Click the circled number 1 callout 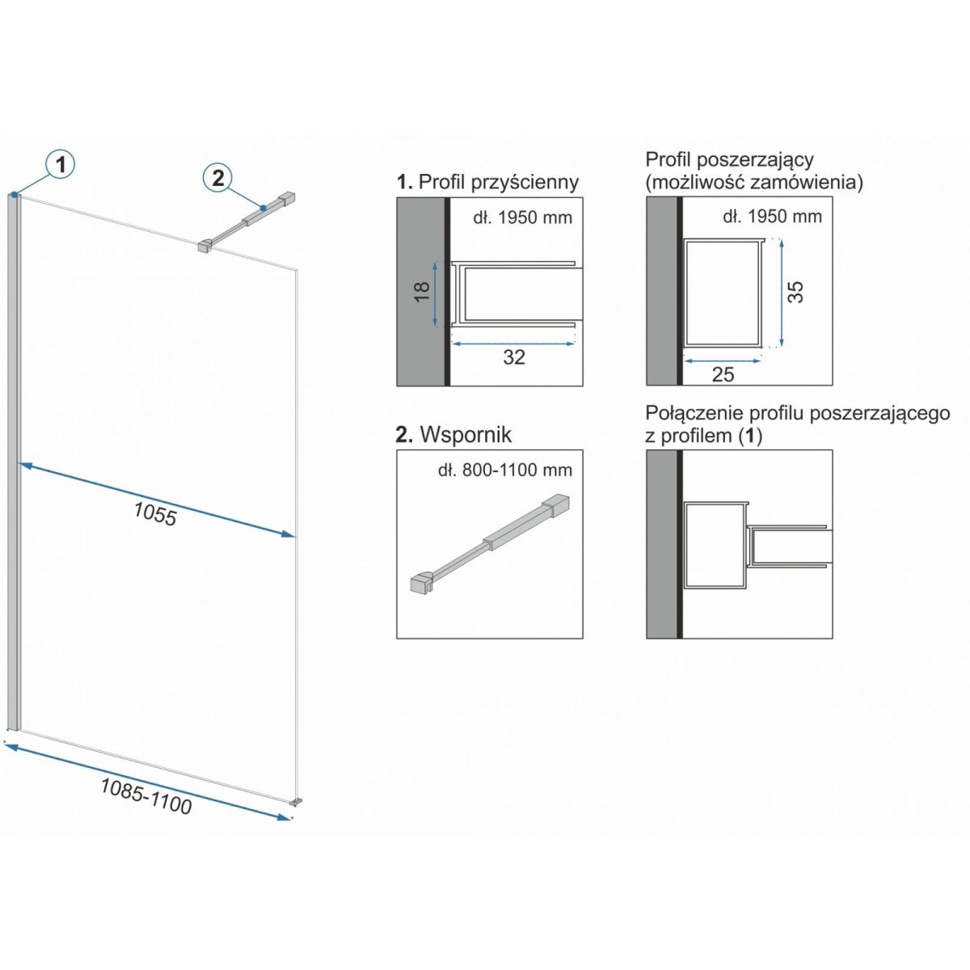pyautogui.click(x=61, y=164)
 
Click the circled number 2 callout pyautogui.click(x=217, y=178)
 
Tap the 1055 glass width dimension pyautogui.click(x=155, y=514)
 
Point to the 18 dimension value pyautogui.click(x=422, y=291)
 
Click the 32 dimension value pyautogui.click(x=514, y=357)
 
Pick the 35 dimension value pyautogui.click(x=795, y=292)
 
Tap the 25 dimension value pyautogui.click(x=723, y=374)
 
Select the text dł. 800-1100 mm pyautogui.click(x=505, y=470)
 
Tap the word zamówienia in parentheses pyautogui.click(x=803, y=182)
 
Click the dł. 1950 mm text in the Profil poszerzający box pyautogui.click(x=772, y=217)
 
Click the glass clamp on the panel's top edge pyautogui.click(x=205, y=247)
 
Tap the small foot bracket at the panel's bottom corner pyautogui.click(x=296, y=801)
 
